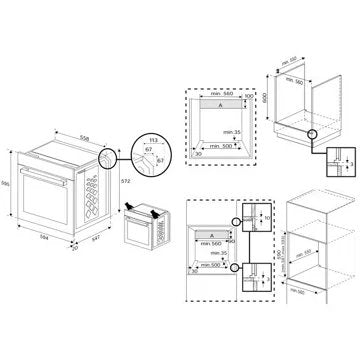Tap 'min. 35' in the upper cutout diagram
pos(234,132)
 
